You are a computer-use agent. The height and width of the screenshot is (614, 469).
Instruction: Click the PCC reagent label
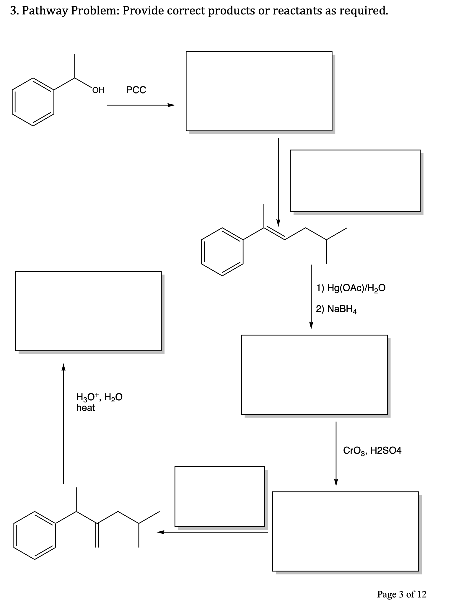point(136,90)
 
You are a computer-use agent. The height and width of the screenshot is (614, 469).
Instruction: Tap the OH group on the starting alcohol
point(98,90)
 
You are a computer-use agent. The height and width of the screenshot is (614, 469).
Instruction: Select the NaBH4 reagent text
point(336,309)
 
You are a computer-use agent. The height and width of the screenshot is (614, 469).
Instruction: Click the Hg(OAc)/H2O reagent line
point(351,288)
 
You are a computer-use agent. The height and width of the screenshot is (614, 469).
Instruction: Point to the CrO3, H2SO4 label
point(372,450)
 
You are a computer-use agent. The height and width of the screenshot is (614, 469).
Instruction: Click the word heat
point(85,408)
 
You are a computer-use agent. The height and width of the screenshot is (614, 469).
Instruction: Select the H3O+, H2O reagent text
point(99,397)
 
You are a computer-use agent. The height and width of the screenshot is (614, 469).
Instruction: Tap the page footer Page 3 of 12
point(401,594)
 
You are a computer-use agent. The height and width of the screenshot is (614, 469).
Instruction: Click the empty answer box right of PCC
point(259,91)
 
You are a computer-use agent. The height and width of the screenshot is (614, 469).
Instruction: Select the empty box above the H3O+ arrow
point(88,311)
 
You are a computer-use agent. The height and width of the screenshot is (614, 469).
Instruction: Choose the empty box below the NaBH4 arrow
point(314,375)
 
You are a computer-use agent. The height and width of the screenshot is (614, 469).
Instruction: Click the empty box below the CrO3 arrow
point(345,531)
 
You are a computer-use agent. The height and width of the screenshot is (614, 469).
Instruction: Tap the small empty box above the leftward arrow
point(219,496)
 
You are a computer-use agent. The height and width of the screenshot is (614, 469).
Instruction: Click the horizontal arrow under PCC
point(141,105)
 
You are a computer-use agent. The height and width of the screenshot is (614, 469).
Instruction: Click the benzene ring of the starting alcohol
point(33,102)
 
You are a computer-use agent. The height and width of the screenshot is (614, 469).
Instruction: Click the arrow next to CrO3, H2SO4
point(336,453)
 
